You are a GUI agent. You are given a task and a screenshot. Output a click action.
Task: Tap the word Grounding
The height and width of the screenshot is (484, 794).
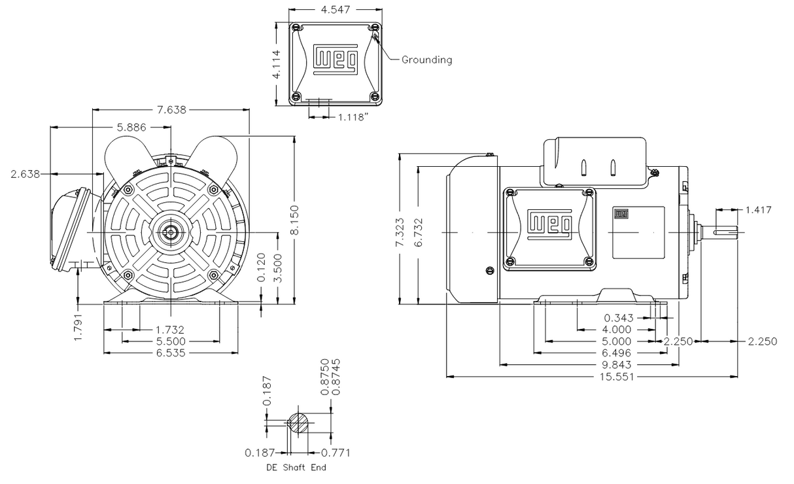tap(426, 60)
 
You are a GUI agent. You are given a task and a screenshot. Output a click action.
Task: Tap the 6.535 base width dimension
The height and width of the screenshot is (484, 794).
tap(170, 353)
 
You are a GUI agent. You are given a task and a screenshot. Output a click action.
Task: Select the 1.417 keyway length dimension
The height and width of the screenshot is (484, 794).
tap(758, 210)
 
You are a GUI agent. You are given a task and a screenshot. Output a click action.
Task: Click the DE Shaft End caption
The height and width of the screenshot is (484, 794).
tap(296, 468)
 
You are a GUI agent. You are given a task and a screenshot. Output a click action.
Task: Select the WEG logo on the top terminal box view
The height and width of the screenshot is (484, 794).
tap(336, 57)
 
